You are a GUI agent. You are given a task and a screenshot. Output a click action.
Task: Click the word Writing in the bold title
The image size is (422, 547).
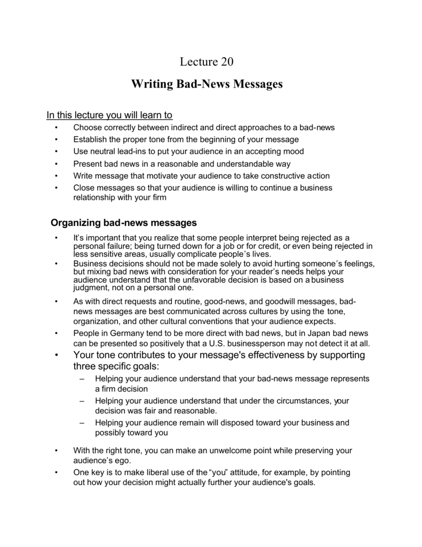[150, 84]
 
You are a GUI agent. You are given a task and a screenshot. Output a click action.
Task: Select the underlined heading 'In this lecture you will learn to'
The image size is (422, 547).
[109, 115]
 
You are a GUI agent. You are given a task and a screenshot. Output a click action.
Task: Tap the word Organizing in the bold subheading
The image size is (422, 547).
[76, 222]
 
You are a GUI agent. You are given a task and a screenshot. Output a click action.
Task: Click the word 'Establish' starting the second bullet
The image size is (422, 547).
[90, 139]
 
